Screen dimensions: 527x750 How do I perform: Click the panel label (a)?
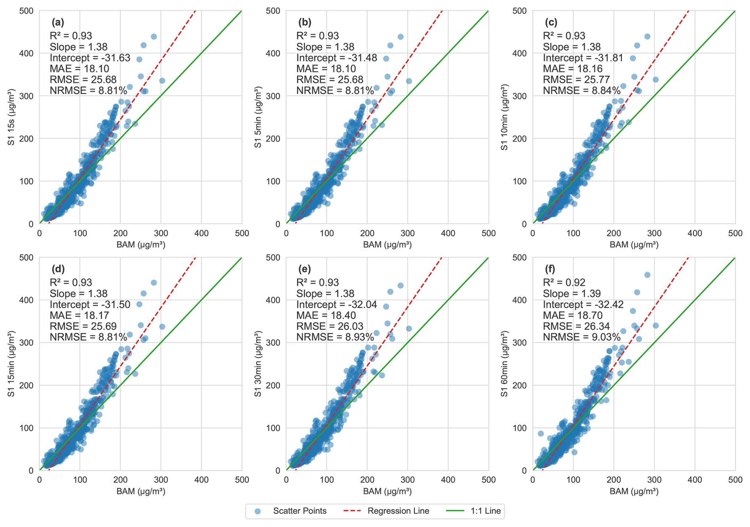coord(58,22)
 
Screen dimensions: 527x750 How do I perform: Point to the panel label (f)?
coord(550,269)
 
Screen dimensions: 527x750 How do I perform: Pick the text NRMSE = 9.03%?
coord(581,337)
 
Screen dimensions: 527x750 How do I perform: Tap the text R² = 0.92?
coord(564,282)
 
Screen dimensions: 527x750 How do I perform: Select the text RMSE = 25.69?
coord(83,326)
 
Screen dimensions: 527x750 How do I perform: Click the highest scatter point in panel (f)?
coord(647,275)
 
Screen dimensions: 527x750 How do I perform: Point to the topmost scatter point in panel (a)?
coord(154,36)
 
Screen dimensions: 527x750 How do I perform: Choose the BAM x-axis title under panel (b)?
coord(387,245)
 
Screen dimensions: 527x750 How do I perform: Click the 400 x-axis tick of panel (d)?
coord(201,480)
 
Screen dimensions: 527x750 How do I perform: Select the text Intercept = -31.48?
coord(337,58)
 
